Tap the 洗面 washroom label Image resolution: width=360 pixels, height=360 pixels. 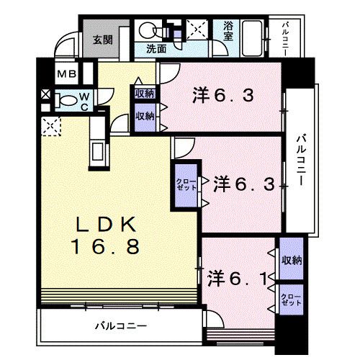(157, 50)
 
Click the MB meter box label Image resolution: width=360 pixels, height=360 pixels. (67, 75)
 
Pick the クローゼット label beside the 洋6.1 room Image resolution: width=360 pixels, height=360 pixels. (290, 300)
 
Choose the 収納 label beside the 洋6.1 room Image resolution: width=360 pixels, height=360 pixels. (291, 261)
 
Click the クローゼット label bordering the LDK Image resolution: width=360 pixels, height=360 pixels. (182, 184)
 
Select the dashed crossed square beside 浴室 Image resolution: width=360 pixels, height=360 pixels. (196, 30)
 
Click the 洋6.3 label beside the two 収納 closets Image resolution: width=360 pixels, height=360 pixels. (223, 96)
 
